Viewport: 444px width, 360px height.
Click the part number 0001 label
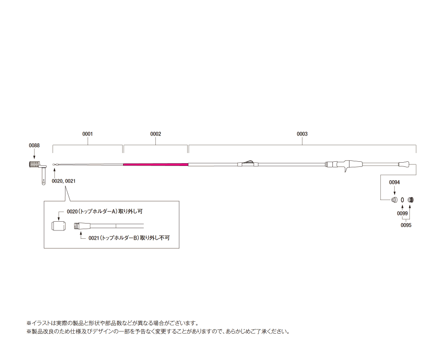point(88,134)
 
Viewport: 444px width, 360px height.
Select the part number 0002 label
point(156,134)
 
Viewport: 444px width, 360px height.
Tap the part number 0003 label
point(302,134)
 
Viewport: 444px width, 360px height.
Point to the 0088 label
point(34,146)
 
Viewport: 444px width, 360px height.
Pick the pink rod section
point(156,164)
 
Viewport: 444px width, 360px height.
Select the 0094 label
point(394,183)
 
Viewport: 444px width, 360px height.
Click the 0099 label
point(402,214)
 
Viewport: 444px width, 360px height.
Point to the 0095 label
point(406,225)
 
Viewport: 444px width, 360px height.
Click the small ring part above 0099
point(402,200)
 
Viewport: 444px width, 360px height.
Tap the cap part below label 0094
point(394,200)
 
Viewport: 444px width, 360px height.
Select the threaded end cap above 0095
point(411,200)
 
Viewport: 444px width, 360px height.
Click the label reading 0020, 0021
point(64,181)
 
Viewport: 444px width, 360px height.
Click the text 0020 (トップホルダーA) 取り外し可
point(105,212)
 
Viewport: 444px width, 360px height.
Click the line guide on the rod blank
point(248,162)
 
